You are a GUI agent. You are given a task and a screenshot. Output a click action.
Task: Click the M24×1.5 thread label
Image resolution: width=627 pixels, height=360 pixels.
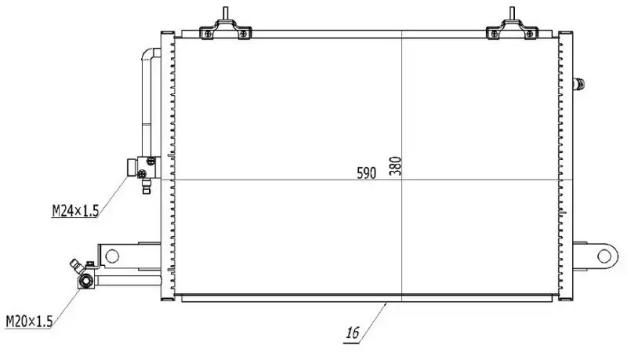[x=75, y=210]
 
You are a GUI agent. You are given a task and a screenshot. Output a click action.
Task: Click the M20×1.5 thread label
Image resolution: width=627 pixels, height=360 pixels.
[x=29, y=321]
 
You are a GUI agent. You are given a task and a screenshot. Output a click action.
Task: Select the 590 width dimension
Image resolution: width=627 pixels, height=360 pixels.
[x=367, y=173]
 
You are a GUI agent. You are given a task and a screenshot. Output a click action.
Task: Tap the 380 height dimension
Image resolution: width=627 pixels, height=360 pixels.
[x=396, y=166]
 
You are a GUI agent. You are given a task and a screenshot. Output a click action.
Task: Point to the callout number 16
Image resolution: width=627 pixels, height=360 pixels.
[x=353, y=333]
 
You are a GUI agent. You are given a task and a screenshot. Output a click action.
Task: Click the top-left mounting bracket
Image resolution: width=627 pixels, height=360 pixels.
[x=226, y=29]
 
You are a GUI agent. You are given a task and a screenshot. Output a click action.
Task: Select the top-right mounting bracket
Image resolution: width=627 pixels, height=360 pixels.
[x=512, y=29]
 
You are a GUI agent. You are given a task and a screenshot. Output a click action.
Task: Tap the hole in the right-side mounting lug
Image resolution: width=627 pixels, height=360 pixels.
[x=603, y=256]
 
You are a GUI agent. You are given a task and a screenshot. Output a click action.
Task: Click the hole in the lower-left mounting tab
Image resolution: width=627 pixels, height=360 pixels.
[x=112, y=256]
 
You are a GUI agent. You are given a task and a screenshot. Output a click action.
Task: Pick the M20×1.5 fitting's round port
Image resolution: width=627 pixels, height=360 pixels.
[x=86, y=282]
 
